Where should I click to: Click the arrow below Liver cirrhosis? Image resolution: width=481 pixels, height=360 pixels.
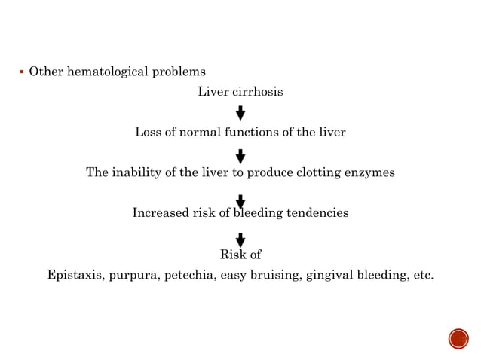[240, 113]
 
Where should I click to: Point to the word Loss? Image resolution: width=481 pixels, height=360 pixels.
[147, 133]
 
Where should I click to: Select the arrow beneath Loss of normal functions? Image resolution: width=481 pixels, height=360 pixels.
[240, 156]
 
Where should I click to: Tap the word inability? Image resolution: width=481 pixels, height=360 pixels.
[134, 172]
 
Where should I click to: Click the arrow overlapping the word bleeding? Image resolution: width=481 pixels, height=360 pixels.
[240, 202]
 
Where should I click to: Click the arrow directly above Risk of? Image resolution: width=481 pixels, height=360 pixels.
[240, 239]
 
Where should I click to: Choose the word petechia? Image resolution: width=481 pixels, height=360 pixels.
[191, 275]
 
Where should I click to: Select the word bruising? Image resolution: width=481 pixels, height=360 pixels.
[275, 275]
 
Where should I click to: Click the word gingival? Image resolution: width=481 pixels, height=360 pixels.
[329, 275]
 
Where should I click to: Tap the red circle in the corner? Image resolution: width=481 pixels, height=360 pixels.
[458, 339]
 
